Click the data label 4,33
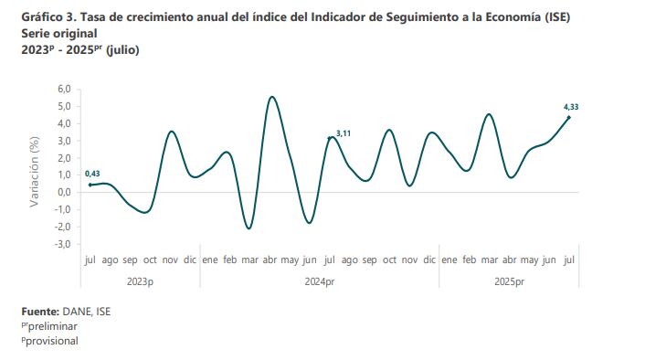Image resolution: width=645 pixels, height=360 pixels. click(571, 107)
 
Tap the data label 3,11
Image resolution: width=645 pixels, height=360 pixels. click(344, 134)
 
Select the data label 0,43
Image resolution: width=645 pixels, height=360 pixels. click(92, 174)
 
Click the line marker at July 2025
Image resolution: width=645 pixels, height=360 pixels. click(569, 117)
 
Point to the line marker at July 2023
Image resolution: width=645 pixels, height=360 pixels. click(90, 185)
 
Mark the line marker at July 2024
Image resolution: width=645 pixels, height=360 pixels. click(330, 138)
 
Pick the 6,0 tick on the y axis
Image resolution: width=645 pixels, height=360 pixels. click(64, 89)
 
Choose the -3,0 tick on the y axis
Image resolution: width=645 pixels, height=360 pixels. click(63, 244)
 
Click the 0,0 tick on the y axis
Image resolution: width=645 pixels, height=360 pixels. click(64, 192)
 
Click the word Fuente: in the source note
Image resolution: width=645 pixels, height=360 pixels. click(40, 312)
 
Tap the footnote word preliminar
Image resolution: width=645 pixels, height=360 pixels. click(51, 326)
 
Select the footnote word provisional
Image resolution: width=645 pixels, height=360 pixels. click(51, 341)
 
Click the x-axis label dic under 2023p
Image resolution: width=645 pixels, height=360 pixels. click(190, 260)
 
